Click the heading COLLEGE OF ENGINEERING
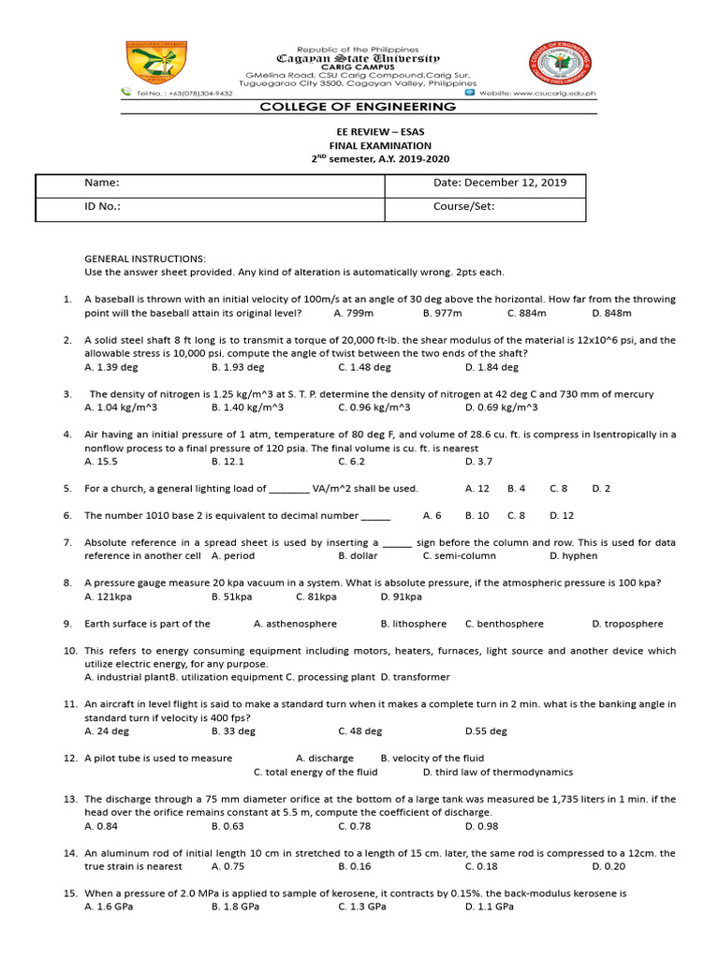tap(359, 107)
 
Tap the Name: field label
tap(102, 183)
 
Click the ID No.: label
tap(103, 207)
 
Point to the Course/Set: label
tap(463, 207)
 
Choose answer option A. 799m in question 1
tap(353, 313)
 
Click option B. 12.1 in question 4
tap(227, 462)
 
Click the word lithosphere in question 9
tap(414, 624)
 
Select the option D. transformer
tap(415, 677)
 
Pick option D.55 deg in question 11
tap(486, 731)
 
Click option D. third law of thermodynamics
tap(497, 773)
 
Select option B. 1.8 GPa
tap(235, 907)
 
